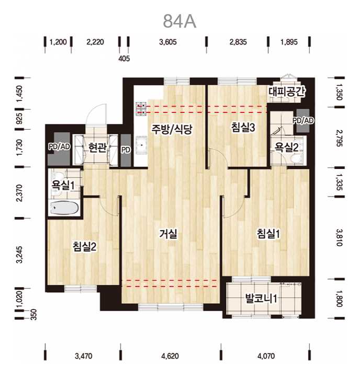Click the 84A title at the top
click(179, 21)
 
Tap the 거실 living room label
click(168, 234)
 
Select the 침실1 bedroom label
click(268, 233)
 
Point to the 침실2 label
click(85, 246)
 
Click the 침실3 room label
click(243, 127)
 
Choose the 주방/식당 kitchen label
click(172, 129)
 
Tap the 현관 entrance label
click(97, 147)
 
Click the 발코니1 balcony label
click(261, 299)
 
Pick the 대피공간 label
click(287, 92)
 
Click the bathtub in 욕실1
click(64, 208)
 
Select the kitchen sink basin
click(141, 145)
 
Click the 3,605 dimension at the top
click(168, 42)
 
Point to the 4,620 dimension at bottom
click(170, 356)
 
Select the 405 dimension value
click(124, 59)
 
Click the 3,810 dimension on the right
click(339, 237)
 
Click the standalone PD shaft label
click(126, 150)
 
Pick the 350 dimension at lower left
click(34, 314)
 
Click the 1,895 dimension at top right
click(289, 42)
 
